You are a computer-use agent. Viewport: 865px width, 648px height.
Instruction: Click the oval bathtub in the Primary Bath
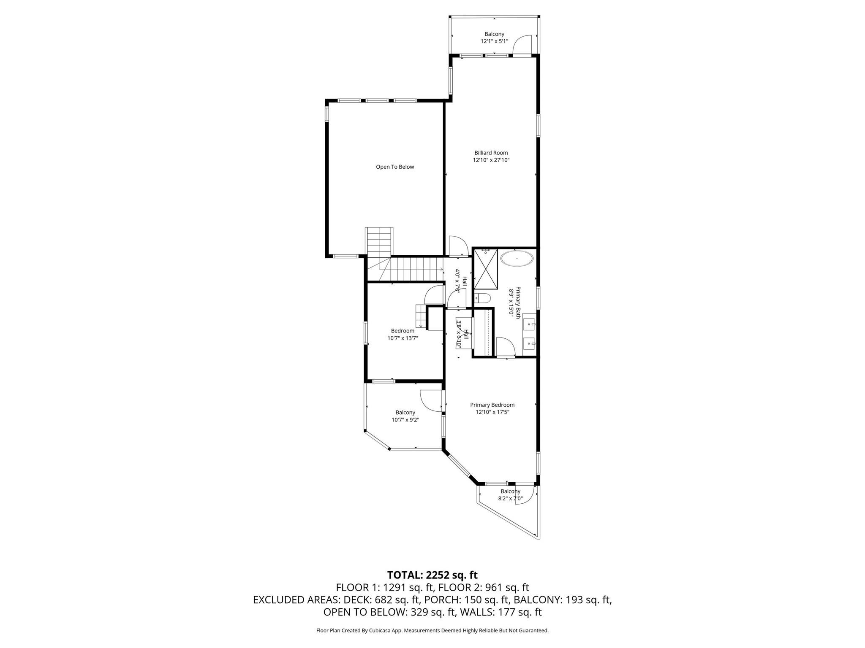pos(516,258)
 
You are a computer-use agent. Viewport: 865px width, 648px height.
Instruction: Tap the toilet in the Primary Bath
pos(482,299)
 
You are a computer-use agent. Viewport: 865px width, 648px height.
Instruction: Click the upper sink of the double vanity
pos(529,324)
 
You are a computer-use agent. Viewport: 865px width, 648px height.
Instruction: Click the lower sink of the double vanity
pos(529,344)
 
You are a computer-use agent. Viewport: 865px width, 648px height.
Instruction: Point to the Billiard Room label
pos(491,153)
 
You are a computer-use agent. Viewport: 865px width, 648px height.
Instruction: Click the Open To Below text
pos(395,167)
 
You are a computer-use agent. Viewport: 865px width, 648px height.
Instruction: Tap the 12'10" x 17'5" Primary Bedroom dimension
pos(492,412)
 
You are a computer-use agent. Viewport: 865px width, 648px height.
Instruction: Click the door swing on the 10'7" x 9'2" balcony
pos(430,400)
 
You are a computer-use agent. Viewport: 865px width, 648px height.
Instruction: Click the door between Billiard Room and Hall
pos(457,246)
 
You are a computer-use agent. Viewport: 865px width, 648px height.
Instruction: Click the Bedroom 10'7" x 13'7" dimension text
pos(403,338)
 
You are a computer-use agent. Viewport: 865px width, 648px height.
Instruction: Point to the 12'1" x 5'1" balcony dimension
pos(494,41)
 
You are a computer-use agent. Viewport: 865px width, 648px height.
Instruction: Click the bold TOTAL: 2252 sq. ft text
pos(432,575)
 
